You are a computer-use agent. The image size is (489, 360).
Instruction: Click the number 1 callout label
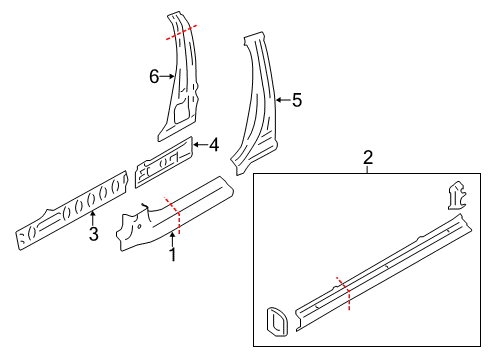point(171,255)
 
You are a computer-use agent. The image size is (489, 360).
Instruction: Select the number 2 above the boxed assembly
point(368,157)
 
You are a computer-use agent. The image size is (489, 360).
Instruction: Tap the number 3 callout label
point(93,235)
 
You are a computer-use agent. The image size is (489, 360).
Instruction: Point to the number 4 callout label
point(213,145)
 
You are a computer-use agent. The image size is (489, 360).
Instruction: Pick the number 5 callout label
point(296,100)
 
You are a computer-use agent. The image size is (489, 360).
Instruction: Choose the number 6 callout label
point(154,76)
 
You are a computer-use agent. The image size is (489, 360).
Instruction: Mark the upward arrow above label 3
point(93,216)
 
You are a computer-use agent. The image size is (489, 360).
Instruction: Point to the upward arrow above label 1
point(171,237)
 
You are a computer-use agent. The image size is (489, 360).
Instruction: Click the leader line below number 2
point(368,170)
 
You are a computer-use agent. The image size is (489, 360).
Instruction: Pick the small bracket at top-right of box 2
point(457,194)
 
